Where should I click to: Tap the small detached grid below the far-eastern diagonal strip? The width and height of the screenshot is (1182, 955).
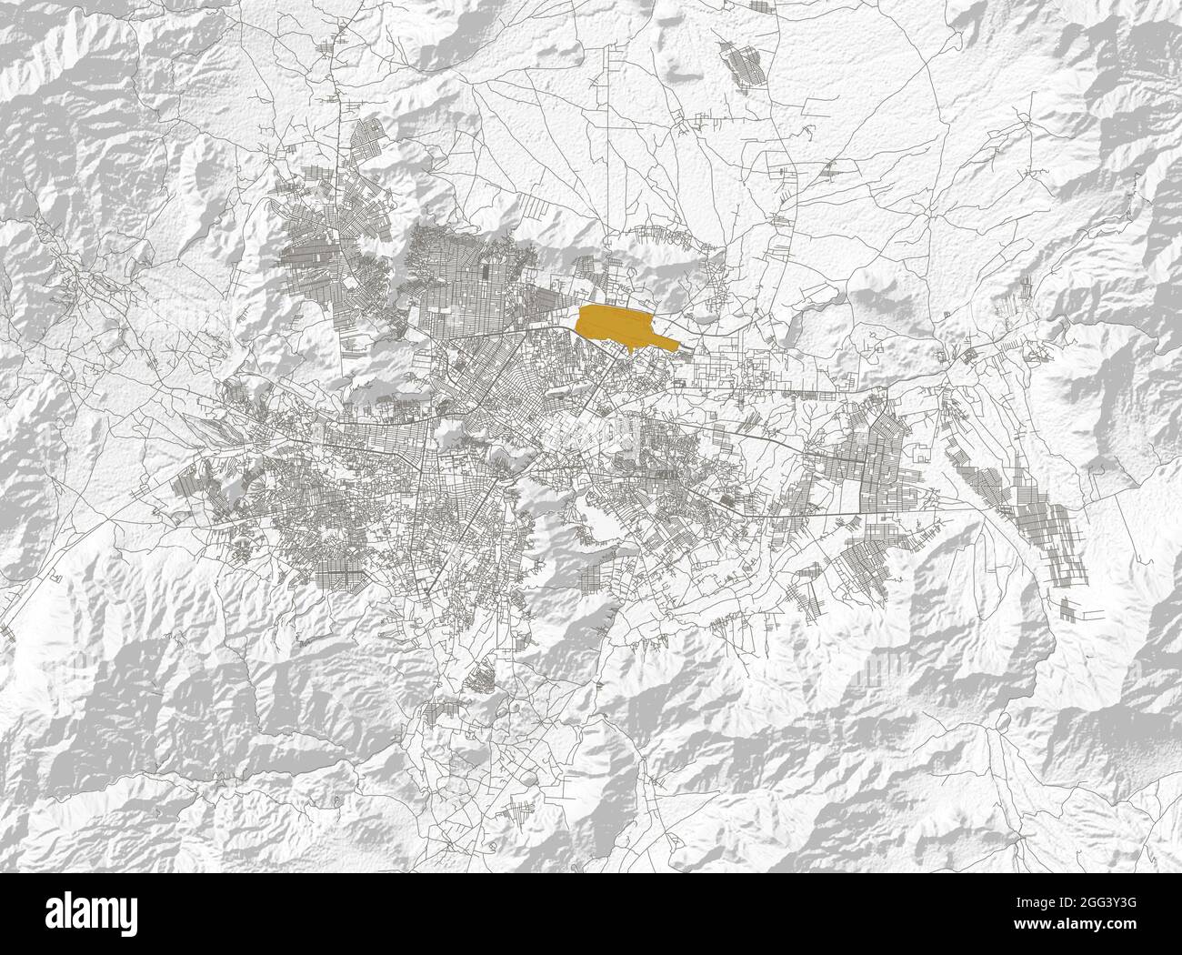[1071, 608]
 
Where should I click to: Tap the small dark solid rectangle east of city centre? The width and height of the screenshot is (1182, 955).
[726, 498]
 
